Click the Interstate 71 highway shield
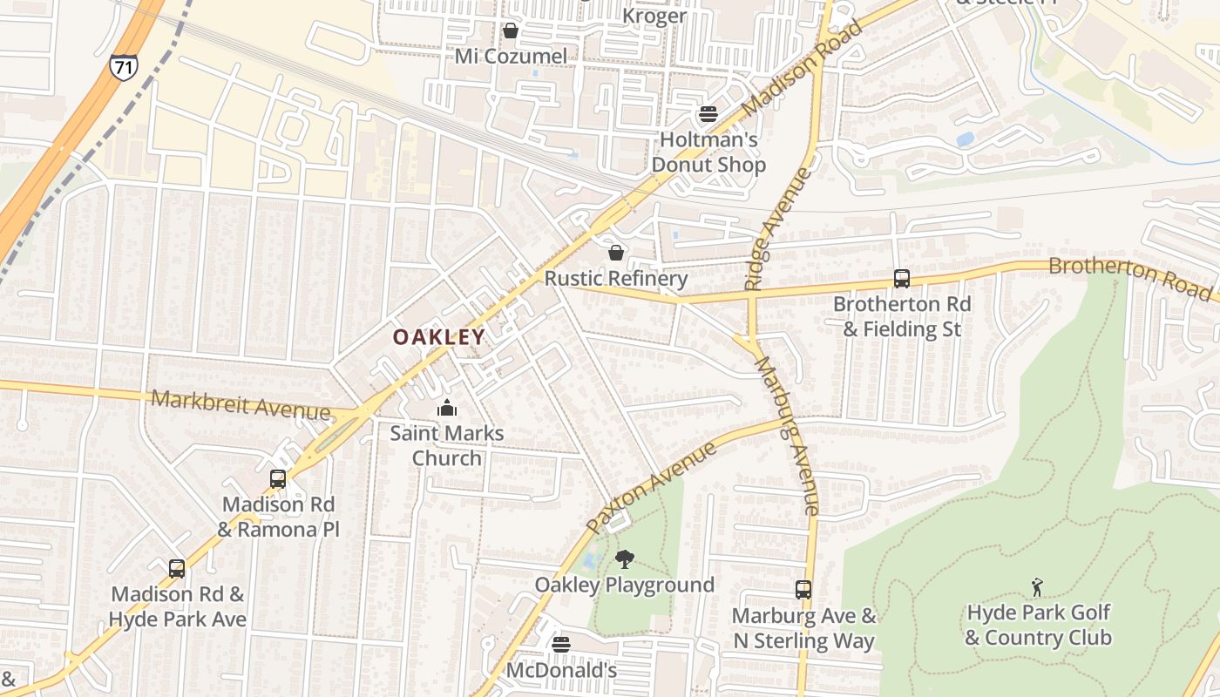point(123,67)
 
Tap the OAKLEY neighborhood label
point(438,337)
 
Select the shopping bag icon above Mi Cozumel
point(511,31)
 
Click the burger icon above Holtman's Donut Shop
point(708,114)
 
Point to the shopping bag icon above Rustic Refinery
point(616,253)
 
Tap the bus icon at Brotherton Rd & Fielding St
point(902,279)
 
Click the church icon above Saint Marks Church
point(447,407)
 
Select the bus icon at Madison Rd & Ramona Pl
point(278,478)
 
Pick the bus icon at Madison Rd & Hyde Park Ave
point(177,569)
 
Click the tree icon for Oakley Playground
point(624,558)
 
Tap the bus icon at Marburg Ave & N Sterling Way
point(803,590)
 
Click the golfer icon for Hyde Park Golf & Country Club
point(1037,586)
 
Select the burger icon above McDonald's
point(562,645)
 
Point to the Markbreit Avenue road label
point(241,404)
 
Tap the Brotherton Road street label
point(1129,276)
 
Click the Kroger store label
point(654,16)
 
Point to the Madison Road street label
point(803,68)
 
